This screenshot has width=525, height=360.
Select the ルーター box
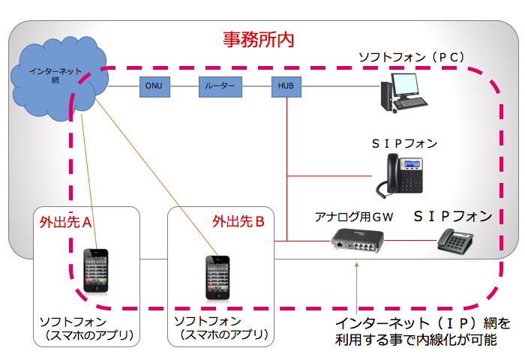click(x=220, y=87)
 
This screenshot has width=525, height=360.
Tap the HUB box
click(x=286, y=87)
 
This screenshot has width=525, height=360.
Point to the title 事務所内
click(x=258, y=40)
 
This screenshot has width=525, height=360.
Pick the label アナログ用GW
click(x=353, y=217)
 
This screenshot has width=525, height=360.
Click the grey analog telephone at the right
click(x=455, y=241)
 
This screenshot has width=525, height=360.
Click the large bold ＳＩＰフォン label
click(x=453, y=216)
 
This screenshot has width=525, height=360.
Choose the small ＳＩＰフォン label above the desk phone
click(x=403, y=142)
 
